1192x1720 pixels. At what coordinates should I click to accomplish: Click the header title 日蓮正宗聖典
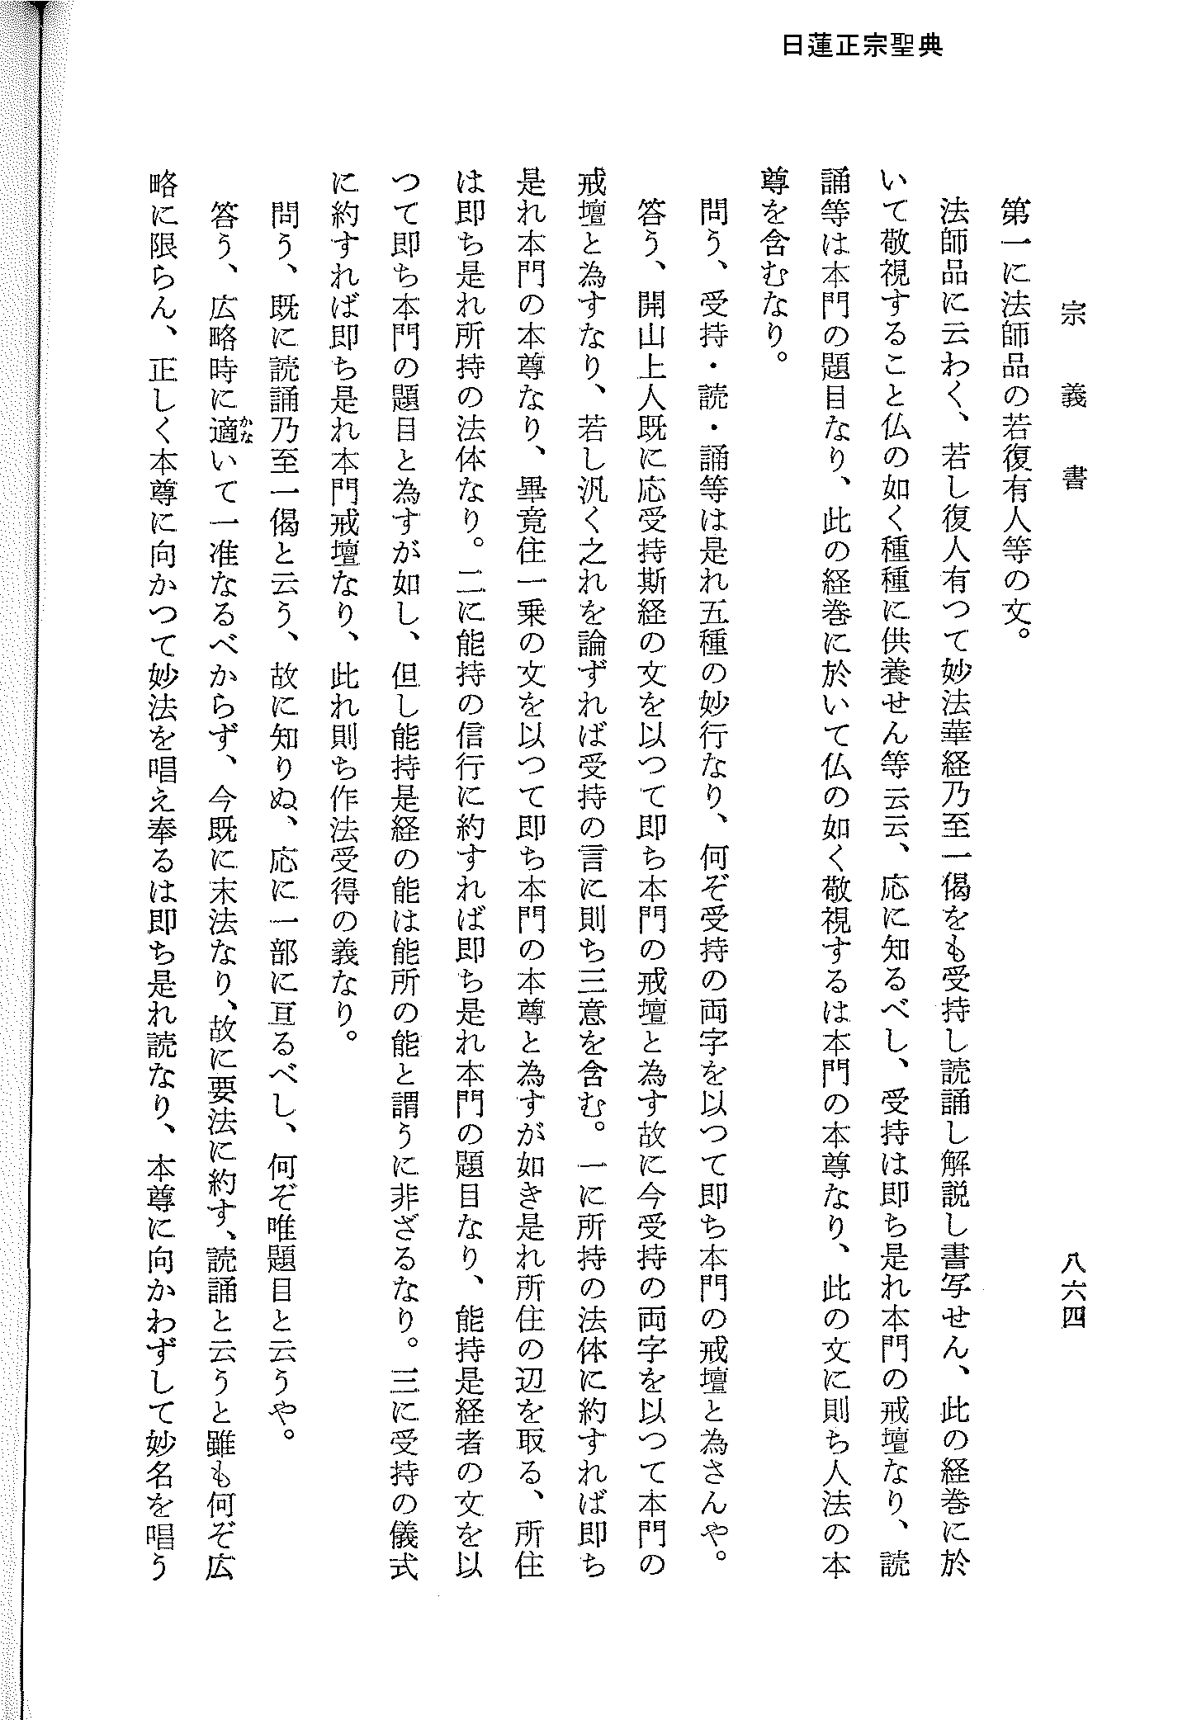[862, 46]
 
